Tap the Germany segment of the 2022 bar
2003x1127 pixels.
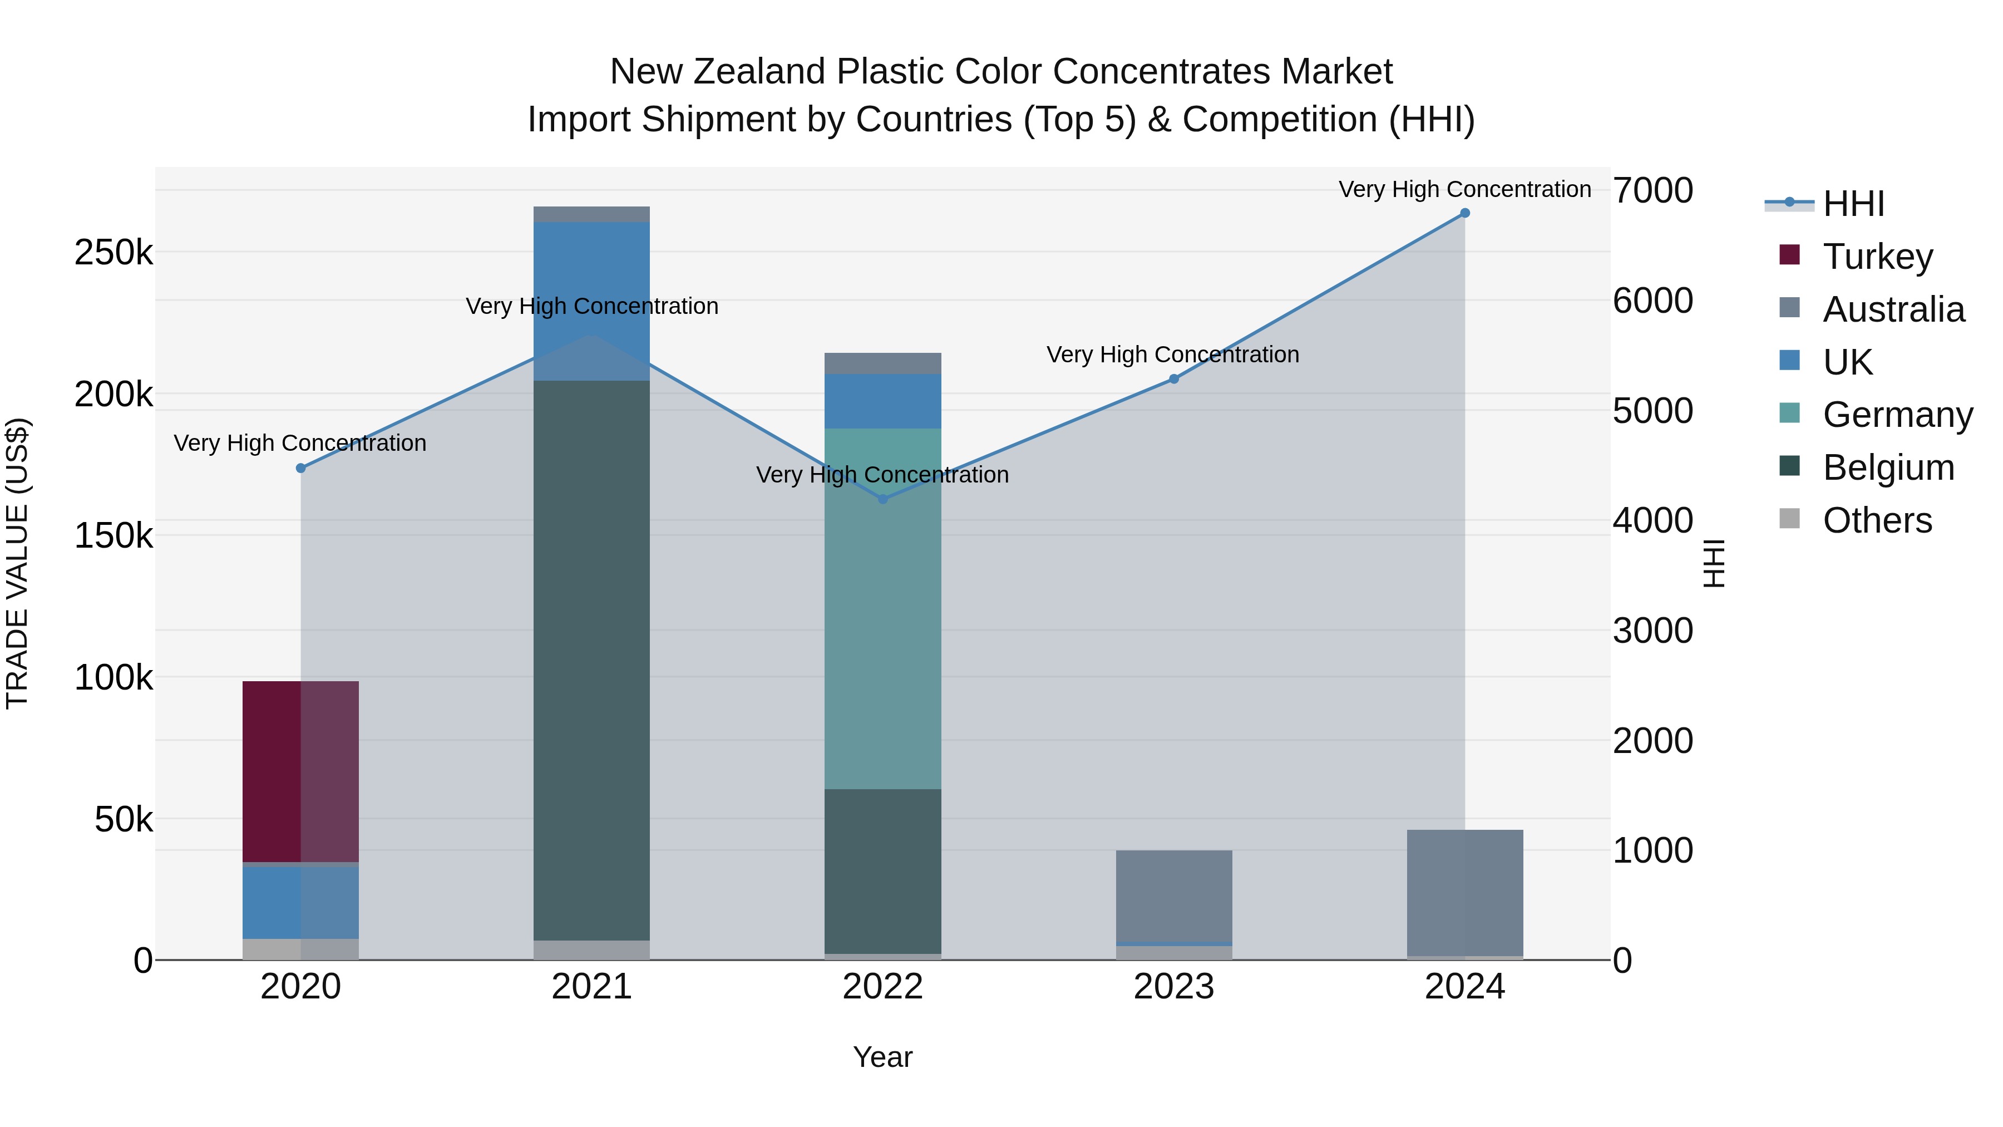point(882,608)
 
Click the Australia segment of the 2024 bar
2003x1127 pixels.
point(1464,892)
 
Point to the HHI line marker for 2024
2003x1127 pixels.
point(1465,213)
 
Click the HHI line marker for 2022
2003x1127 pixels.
point(882,499)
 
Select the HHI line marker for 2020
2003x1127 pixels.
point(301,468)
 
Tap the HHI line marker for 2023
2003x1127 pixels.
point(1174,379)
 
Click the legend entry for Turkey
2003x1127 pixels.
point(1877,257)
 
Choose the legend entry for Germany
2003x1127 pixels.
point(1897,415)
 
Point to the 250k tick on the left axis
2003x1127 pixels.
point(114,253)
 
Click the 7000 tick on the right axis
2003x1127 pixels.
point(1652,190)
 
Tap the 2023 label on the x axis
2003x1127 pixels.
point(1173,987)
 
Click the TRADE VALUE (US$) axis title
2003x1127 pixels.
point(17,563)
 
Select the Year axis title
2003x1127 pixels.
point(882,1057)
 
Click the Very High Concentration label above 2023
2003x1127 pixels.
point(1172,355)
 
